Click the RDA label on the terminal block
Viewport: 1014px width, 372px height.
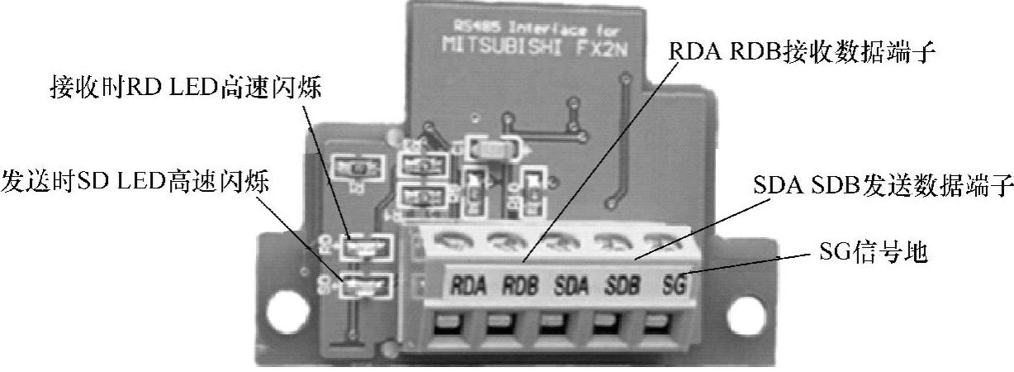(469, 288)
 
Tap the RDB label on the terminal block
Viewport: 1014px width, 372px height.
(522, 288)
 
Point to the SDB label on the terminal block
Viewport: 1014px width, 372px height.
(624, 288)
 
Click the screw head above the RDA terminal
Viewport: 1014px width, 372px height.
(453, 240)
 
